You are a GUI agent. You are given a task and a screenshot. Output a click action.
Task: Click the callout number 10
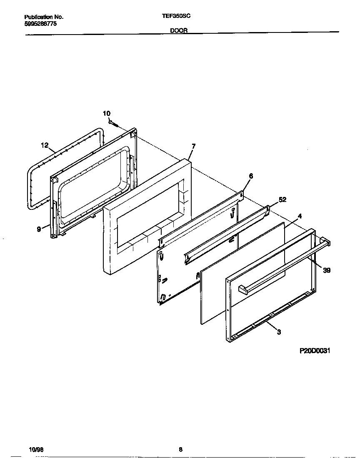pyautogui.click(x=107, y=113)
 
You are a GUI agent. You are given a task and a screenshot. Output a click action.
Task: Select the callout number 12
pyautogui.click(x=45, y=145)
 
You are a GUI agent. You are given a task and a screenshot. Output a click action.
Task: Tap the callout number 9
pyautogui.click(x=39, y=229)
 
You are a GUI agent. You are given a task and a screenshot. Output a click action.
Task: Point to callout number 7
pyautogui.click(x=193, y=146)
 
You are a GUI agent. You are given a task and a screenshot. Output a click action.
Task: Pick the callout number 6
pyautogui.click(x=251, y=176)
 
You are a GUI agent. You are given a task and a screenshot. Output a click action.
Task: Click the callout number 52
pyautogui.click(x=282, y=200)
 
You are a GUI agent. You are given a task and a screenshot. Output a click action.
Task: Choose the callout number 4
pyautogui.click(x=300, y=216)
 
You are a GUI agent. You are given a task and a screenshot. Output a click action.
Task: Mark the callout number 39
pyautogui.click(x=327, y=270)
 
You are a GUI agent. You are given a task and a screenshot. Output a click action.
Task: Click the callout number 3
pyautogui.click(x=279, y=332)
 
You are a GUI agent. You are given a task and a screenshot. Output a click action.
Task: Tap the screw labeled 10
pyautogui.click(x=113, y=123)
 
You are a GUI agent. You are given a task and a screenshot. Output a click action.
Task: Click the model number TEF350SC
pyautogui.click(x=176, y=17)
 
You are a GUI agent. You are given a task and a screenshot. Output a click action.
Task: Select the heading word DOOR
pyautogui.click(x=179, y=30)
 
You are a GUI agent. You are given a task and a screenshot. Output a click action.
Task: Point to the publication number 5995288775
pyautogui.click(x=41, y=24)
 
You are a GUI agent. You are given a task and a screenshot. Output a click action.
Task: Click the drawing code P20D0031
pyautogui.click(x=315, y=351)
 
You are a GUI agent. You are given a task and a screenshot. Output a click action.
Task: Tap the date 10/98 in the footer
pyautogui.click(x=36, y=450)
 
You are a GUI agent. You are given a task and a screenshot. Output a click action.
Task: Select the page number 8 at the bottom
pyautogui.click(x=180, y=449)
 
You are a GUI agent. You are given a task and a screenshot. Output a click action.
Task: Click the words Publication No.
pyautogui.click(x=44, y=17)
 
